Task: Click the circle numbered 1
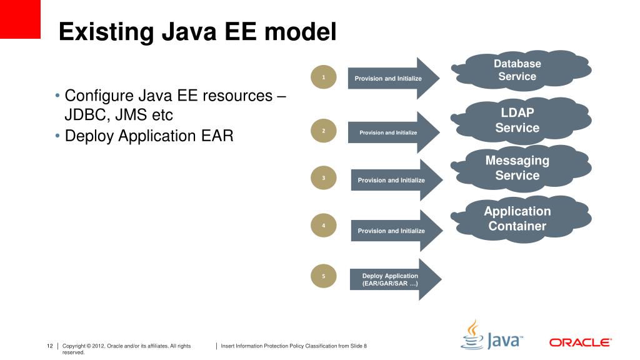click(x=324, y=77)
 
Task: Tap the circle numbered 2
click(x=324, y=131)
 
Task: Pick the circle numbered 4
click(x=324, y=225)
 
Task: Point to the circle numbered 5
click(x=324, y=276)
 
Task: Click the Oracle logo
click(x=580, y=342)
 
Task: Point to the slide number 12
click(x=49, y=346)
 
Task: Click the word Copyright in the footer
click(x=77, y=346)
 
